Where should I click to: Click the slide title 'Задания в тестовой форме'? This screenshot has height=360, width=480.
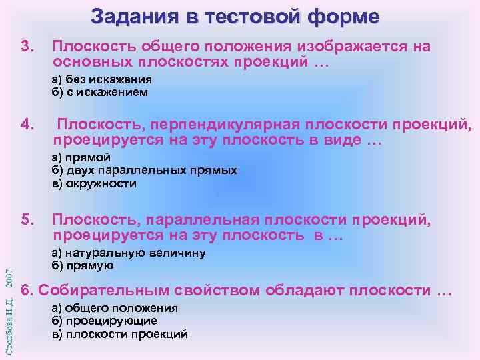click(235, 16)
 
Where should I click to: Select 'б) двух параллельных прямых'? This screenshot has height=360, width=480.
click(144, 170)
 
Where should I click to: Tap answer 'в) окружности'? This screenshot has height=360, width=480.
click(94, 183)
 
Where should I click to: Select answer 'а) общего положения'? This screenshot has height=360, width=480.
click(114, 308)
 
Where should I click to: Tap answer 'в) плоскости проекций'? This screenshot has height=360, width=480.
click(119, 333)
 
